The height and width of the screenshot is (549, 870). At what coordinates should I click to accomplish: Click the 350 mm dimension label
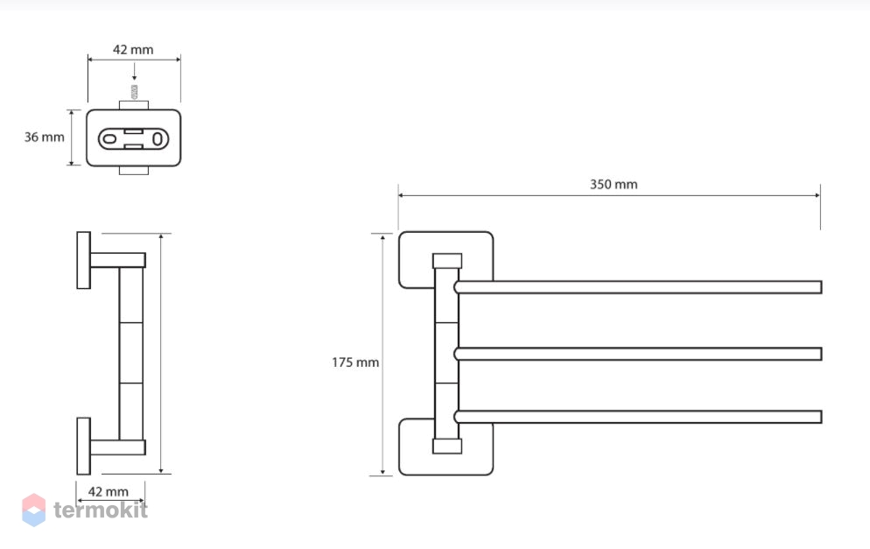(x=613, y=184)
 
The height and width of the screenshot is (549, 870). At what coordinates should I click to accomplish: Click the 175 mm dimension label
(x=355, y=362)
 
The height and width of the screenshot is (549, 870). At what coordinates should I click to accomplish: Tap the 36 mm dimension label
(x=44, y=137)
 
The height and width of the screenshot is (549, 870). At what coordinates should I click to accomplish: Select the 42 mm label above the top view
(x=133, y=49)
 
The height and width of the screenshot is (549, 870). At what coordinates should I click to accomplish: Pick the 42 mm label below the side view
(x=109, y=492)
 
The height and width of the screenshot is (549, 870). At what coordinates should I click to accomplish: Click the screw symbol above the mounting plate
(x=134, y=92)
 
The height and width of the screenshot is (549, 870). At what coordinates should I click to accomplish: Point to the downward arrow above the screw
(x=134, y=72)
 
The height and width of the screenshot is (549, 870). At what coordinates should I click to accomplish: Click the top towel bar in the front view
(x=638, y=287)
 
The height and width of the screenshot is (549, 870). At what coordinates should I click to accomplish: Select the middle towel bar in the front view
(x=638, y=354)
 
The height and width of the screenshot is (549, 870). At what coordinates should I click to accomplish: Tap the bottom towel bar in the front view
(x=638, y=417)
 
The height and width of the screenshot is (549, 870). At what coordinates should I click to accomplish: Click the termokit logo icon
(x=34, y=510)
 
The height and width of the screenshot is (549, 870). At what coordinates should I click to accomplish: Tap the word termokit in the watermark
(x=101, y=510)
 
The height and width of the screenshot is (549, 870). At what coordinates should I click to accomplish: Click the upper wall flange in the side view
(x=83, y=260)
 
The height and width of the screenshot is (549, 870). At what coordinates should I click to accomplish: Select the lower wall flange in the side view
(x=83, y=447)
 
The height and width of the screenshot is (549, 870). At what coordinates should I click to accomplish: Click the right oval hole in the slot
(x=158, y=138)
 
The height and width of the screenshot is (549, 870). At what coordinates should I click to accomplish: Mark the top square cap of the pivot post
(x=447, y=261)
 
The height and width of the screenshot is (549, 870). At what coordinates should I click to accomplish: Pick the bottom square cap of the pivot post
(x=447, y=447)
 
